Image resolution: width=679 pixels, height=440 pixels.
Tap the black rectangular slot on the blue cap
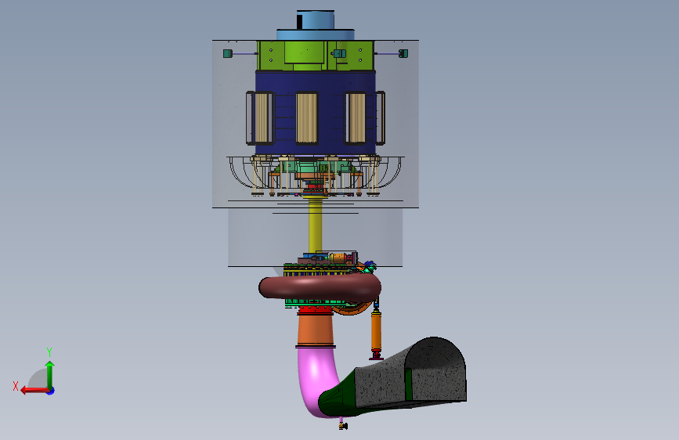pyautogui.click(x=299, y=21)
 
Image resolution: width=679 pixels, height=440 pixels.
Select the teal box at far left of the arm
pyautogui.click(x=228, y=54)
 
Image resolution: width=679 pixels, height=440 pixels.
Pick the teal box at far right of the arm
pyautogui.click(x=403, y=53)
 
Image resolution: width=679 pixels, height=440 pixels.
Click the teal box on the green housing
pyautogui.click(x=340, y=54)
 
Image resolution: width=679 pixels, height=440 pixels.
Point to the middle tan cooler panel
pyautogui.click(x=306, y=117)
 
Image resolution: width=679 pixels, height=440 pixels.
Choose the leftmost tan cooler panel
pyautogui.click(x=261, y=117)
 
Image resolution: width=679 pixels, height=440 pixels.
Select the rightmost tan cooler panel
pyautogui.click(x=357, y=117)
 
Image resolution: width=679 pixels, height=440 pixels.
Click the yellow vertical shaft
pyautogui.click(x=316, y=225)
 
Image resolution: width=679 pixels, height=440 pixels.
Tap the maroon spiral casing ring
pyautogui.click(x=320, y=287)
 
